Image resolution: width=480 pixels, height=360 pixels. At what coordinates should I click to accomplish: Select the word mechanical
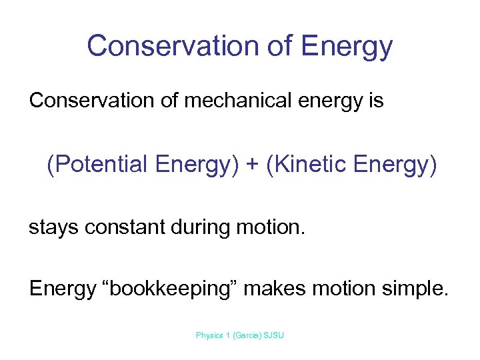coord(223,101)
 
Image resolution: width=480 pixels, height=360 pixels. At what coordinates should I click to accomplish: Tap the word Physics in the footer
coord(209,335)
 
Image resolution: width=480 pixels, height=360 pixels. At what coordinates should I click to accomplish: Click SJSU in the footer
coord(275,335)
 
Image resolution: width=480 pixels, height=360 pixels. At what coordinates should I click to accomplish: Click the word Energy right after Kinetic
coord(395,164)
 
